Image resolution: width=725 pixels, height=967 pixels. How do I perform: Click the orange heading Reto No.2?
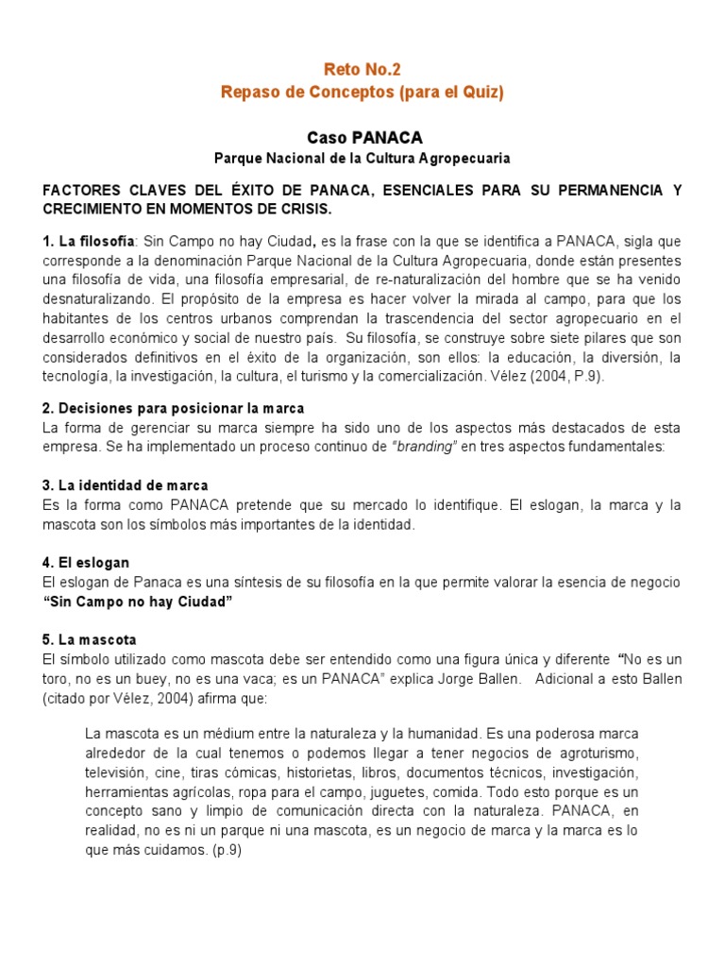coord(362,69)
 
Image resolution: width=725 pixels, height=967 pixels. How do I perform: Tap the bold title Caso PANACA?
coord(362,138)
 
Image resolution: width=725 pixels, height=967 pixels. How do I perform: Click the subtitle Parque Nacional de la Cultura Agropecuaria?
coord(362,158)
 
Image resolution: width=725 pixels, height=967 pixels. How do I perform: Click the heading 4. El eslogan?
coord(86,562)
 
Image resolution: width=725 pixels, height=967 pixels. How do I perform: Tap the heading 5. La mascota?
coord(90,639)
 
